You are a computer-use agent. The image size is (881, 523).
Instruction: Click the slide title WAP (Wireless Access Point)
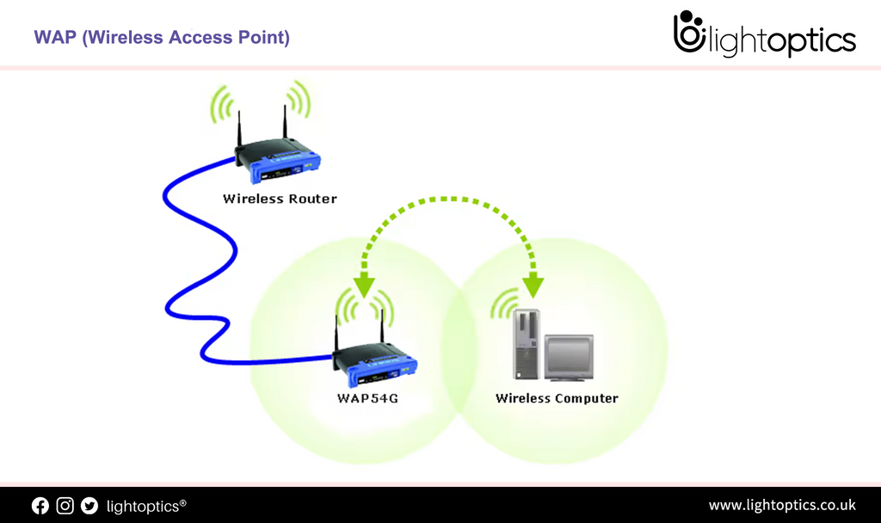(x=162, y=38)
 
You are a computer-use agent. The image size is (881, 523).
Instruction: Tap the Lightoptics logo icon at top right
(x=689, y=33)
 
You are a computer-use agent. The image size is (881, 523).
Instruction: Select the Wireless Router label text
(x=280, y=199)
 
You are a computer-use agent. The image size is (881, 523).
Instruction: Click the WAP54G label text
(x=367, y=398)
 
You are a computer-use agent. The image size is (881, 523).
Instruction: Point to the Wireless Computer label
(x=557, y=398)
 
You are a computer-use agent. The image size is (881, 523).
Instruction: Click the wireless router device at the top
(x=278, y=163)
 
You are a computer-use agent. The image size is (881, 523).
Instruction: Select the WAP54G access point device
(x=376, y=366)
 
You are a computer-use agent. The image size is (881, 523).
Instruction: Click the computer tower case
(x=526, y=344)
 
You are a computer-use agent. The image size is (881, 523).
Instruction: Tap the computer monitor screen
(x=569, y=354)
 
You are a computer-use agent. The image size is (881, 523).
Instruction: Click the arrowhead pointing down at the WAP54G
(x=366, y=285)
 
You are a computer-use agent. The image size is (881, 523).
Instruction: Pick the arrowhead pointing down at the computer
(x=534, y=285)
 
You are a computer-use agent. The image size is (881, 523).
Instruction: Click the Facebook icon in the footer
(x=40, y=506)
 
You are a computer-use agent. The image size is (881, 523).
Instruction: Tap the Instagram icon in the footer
(x=65, y=506)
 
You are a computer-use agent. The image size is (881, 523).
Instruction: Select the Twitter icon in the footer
(x=89, y=506)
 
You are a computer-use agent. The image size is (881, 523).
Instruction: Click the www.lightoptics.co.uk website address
(x=781, y=505)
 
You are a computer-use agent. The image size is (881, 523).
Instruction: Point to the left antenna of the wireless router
(x=240, y=129)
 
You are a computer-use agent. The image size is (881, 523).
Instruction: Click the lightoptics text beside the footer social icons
(x=145, y=506)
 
